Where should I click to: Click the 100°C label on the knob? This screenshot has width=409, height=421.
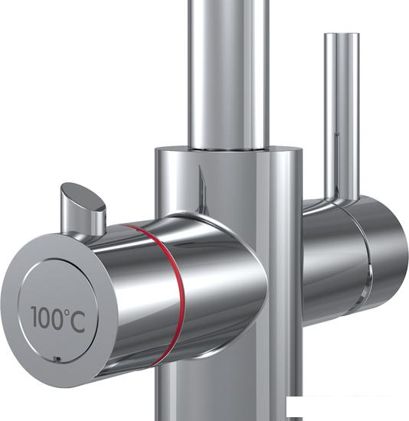[x=58, y=319]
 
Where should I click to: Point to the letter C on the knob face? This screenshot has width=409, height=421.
[x=77, y=322]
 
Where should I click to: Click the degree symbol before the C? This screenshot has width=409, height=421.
[x=67, y=312]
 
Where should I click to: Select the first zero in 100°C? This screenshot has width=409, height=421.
[x=44, y=318]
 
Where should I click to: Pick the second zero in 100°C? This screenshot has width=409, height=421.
[x=57, y=319]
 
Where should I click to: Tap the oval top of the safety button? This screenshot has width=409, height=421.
[x=83, y=197]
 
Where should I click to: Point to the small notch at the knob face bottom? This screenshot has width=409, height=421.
[x=57, y=358]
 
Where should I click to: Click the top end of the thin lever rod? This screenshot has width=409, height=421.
[x=342, y=34]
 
